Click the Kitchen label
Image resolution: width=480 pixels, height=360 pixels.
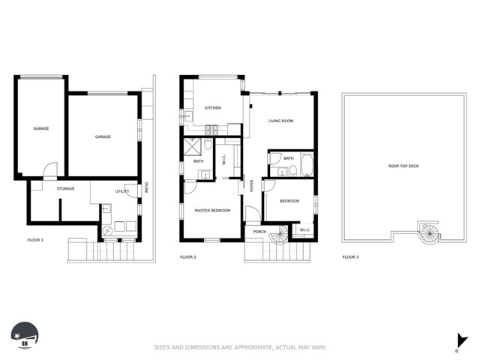point(213,108)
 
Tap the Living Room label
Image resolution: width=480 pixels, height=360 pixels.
point(280,121)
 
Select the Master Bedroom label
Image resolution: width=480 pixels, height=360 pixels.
point(212,211)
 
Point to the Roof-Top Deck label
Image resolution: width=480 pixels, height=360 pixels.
point(403,166)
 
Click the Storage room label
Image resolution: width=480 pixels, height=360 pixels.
point(65,188)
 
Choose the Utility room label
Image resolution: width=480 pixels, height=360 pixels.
point(122,191)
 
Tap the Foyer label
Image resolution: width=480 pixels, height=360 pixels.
point(252,186)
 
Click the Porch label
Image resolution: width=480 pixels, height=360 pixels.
point(259,232)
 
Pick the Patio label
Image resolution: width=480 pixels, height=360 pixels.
point(147,187)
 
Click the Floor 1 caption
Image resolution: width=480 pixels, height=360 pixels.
point(35,240)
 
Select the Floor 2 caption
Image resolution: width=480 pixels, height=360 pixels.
point(188,257)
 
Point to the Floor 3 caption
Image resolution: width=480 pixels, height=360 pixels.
point(350,257)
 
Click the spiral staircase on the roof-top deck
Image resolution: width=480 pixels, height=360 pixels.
point(429,233)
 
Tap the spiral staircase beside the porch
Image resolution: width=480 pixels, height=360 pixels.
point(279,235)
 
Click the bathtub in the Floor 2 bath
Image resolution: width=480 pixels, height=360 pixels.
point(307,166)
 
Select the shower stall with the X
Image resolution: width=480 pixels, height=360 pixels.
point(192,147)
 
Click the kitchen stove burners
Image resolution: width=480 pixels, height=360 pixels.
point(211,130)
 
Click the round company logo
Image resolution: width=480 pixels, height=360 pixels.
point(25,335)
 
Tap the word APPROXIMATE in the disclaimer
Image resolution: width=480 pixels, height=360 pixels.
point(253,347)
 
